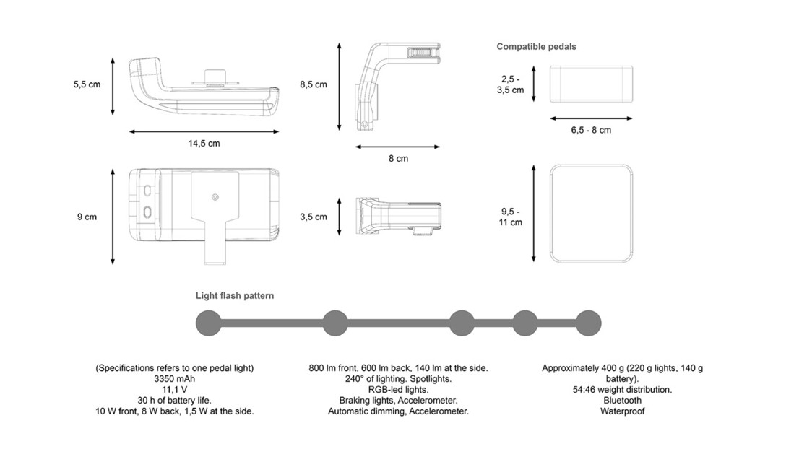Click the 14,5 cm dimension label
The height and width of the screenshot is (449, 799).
coord(204,144)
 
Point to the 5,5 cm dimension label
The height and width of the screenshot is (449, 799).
coord(87,84)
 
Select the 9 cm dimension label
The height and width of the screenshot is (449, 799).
coord(87,217)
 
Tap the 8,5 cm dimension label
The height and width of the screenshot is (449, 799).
coord(314,84)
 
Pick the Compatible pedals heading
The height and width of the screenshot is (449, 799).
coord(536,47)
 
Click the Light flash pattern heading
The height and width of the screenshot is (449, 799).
coord(235,296)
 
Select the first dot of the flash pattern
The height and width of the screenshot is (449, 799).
coord(209,323)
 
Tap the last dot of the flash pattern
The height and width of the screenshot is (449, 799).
coord(588,323)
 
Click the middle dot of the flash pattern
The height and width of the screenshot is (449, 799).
coord(462,323)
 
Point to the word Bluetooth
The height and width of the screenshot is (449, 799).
coord(622,401)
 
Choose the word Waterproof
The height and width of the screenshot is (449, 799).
coord(622,411)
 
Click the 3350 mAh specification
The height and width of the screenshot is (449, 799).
coord(175,379)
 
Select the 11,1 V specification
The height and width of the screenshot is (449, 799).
coord(175,390)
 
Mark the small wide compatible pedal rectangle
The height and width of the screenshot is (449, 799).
coord(592,84)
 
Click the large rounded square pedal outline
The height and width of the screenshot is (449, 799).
coord(592,214)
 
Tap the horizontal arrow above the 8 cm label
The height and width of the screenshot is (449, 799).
coord(398,146)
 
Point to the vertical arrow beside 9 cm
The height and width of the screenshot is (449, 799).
coord(113,217)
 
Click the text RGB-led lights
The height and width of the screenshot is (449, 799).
coord(398,390)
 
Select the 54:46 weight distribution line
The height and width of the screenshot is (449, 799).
coord(622,390)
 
